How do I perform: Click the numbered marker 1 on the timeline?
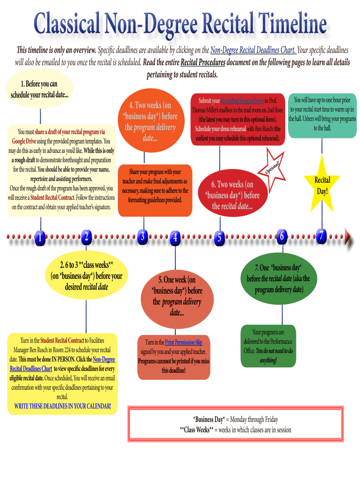coord(40,238)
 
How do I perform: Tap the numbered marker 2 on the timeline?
coord(86,237)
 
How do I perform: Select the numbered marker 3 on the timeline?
coord(143,236)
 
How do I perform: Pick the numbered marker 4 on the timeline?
coord(175,238)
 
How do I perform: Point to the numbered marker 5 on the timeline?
coord(218,238)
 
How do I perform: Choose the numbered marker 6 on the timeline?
coord(281,236)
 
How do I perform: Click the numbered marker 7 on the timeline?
coord(321,236)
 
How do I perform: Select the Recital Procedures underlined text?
coord(203,62)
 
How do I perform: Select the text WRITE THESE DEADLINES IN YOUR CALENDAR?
coord(63,406)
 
